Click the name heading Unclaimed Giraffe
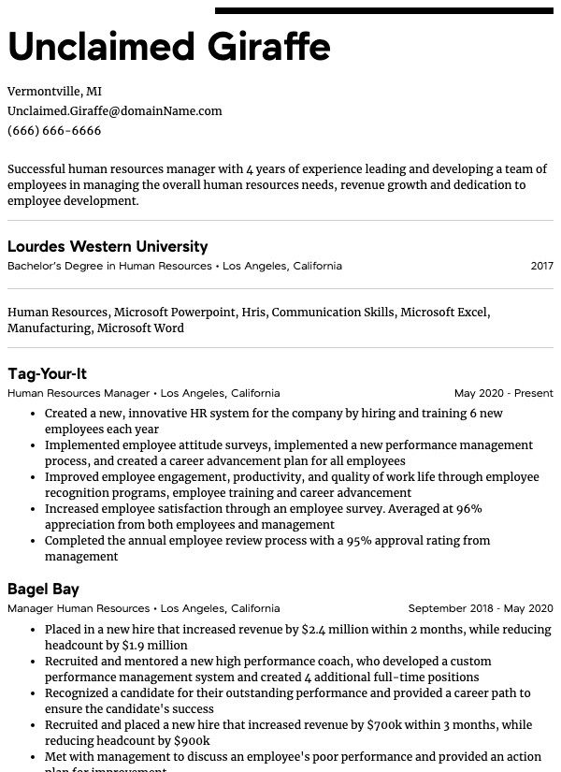(x=169, y=47)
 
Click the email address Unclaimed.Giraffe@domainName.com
(x=114, y=110)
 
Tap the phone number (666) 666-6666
(x=54, y=130)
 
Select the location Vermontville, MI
(x=54, y=91)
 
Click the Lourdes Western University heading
(x=108, y=246)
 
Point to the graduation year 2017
(x=541, y=266)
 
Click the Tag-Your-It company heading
(x=47, y=373)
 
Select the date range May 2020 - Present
(x=503, y=393)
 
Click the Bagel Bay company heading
(x=43, y=589)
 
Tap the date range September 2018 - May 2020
(x=481, y=608)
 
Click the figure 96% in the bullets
(x=470, y=508)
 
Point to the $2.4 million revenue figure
(x=338, y=629)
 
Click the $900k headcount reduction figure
(x=191, y=740)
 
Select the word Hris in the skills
(x=253, y=312)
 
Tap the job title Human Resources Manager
(x=79, y=393)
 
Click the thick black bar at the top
(x=383, y=10)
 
